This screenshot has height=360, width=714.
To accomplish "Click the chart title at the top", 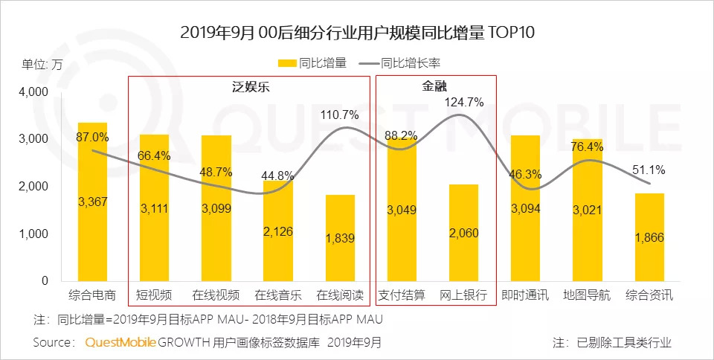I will (x=357, y=33).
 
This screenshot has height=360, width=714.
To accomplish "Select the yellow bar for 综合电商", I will (x=92, y=223).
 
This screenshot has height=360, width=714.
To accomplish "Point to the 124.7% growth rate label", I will (x=464, y=102).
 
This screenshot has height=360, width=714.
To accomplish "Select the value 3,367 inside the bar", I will (x=92, y=201).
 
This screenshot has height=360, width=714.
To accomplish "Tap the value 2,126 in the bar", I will (x=277, y=232).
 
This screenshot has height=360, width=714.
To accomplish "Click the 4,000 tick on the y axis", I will (x=33, y=91).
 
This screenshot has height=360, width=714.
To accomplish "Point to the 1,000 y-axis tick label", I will (x=33, y=234).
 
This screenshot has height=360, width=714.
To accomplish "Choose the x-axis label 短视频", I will (x=154, y=295).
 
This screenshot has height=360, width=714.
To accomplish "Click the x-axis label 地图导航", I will (x=588, y=295).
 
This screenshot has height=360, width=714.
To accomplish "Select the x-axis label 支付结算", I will (x=402, y=295).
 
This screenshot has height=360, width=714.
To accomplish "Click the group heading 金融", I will (x=435, y=87).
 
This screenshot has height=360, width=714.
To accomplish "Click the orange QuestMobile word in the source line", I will (x=120, y=343).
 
